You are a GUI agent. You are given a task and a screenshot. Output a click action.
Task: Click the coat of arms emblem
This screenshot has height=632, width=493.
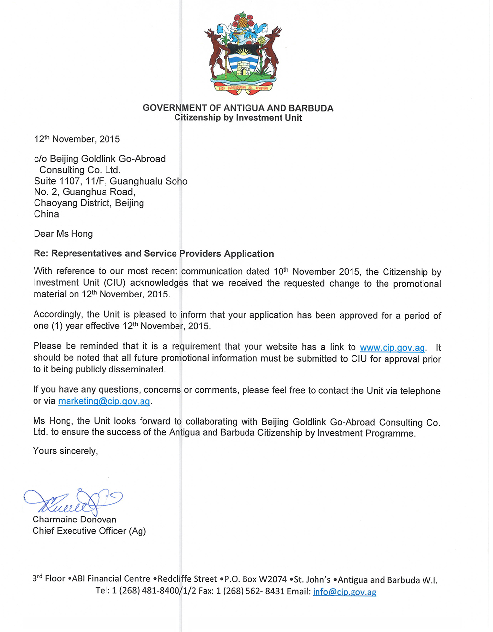point(243,53)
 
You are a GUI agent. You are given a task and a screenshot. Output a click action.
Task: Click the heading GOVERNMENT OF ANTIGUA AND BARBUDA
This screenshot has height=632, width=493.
point(238,108)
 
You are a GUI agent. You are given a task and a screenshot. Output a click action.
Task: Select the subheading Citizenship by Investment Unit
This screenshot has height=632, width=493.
point(238,118)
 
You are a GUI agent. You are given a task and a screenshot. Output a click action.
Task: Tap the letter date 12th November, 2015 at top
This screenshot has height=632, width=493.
point(77,139)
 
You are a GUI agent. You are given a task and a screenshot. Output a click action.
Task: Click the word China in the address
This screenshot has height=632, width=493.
point(46,214)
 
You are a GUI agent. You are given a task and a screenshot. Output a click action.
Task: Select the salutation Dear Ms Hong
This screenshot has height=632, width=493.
point(63,234)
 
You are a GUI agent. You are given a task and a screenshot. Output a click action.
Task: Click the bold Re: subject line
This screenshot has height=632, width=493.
point(154,254)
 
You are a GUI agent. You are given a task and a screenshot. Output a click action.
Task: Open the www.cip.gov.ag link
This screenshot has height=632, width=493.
point(392,348)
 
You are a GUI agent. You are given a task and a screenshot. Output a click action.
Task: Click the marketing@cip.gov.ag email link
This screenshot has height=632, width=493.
point(104,401)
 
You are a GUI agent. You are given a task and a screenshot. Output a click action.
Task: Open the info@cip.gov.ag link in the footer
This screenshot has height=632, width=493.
point(345,592)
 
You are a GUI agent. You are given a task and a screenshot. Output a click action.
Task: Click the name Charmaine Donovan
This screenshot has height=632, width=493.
point(74,520)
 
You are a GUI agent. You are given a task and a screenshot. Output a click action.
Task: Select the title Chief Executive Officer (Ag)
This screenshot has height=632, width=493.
point(89,531)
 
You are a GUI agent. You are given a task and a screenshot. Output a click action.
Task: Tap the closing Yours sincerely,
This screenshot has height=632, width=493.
point(65,451)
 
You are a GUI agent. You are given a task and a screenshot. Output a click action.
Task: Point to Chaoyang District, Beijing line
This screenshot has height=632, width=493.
point(89,203)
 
